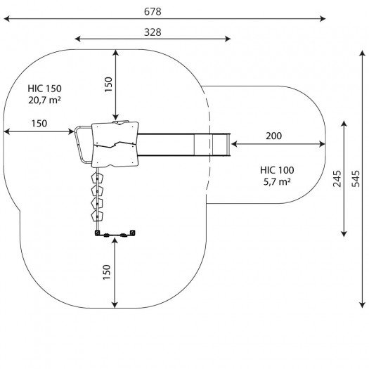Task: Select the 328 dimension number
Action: click(x=153, y=32)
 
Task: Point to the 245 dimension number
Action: click(x=337, y=179)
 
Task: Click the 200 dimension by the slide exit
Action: click(x=273, y=136)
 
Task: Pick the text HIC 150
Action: click(x=44, y=89)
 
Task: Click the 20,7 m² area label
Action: click(x=44, y=101)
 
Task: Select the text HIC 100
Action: click(x=277, y=170)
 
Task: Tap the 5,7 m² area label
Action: click(x=277, y=182)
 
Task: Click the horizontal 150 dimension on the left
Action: click(x=39, y=124)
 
